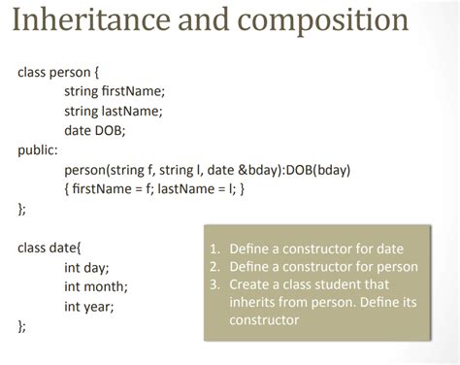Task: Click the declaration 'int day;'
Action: tap(86, 267)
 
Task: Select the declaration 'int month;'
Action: tap(96, 286)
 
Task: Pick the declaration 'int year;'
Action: tap(89, 307)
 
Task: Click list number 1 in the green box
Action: tap(214, 249)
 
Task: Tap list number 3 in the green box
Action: tap(214, 284)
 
